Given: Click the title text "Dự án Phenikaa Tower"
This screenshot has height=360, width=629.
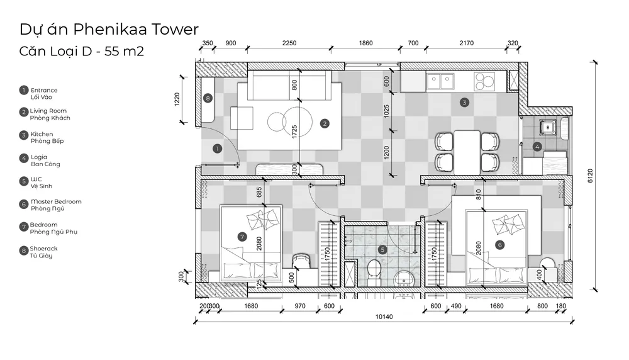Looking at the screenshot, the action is pos(109,30).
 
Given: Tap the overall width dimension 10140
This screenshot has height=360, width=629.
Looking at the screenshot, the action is pos(384,317).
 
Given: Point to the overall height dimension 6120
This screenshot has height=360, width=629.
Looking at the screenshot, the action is pos(590,176).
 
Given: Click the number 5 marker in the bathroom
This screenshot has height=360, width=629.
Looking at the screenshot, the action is pos(382,250).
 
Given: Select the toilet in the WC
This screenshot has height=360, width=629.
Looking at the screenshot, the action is pos(374,272).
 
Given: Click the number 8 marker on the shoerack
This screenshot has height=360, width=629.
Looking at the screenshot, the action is pos(208,98).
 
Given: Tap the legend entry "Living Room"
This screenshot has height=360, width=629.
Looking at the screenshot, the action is pos(48,111).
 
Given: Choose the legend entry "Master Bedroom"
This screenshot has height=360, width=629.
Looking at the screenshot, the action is pos(56,201).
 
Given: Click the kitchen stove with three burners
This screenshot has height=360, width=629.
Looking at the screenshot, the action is pos(484,81).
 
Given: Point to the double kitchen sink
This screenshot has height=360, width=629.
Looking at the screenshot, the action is pos(440,81).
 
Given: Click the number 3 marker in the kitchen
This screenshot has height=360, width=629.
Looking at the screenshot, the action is pos(464,103).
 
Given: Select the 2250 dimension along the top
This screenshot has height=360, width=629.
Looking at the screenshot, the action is pos(289,43).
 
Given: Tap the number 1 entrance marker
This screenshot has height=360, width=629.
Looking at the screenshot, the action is pos(217,149).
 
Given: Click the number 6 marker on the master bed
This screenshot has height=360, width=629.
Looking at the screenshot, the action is pos(499,245).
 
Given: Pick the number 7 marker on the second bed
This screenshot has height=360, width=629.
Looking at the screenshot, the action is pos(242,237).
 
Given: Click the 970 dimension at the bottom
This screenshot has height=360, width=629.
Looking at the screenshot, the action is pos(300,306).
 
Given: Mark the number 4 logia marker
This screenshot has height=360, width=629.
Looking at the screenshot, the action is pos(537,147).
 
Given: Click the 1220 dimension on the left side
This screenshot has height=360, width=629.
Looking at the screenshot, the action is pos(177,99).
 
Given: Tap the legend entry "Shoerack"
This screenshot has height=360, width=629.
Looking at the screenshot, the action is pos(44,249).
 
